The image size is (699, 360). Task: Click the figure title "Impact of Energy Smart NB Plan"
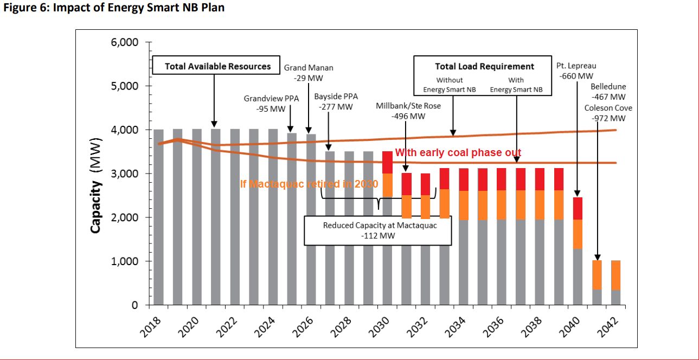138,8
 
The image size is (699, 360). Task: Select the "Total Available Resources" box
217,66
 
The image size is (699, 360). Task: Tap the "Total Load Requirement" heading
484,66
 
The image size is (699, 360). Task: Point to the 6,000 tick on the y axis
125,42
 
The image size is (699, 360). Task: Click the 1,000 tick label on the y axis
125,261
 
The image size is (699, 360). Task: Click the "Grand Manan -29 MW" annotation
309,73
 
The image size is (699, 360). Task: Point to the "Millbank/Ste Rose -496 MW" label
408,110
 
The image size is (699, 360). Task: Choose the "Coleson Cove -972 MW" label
608,113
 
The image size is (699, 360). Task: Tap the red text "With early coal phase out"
458,153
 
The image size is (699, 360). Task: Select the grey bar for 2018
158,217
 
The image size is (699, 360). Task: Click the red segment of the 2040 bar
578,208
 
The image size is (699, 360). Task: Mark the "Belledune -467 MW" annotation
608,92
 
